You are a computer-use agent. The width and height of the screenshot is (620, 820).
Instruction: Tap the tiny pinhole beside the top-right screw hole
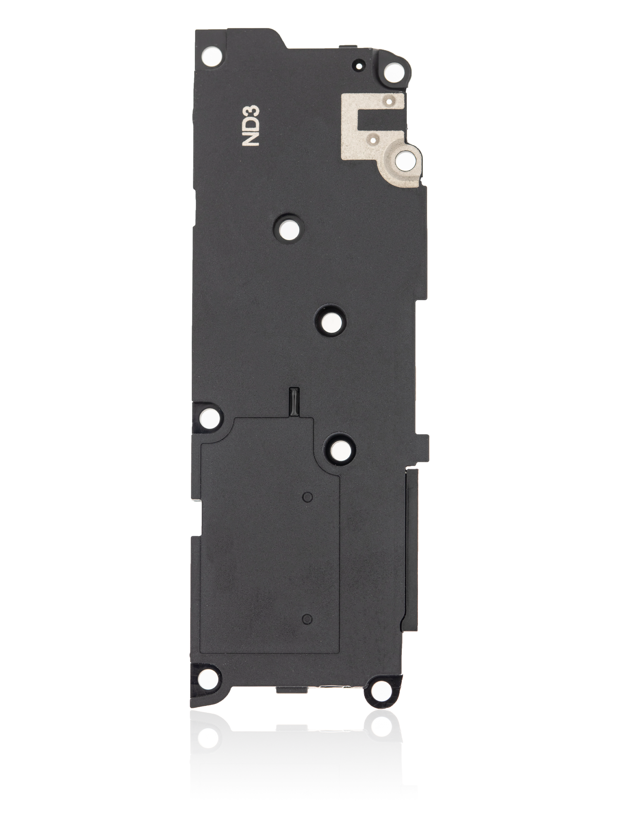point(358,65)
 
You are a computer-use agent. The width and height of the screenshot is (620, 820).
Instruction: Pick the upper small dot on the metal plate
point(387,100)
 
